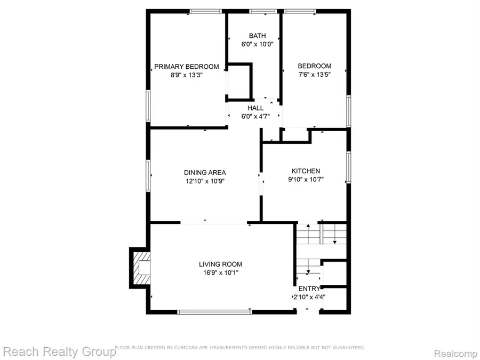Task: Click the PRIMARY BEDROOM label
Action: (x=187, y=67)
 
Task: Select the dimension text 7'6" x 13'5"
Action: (x=314, y=75)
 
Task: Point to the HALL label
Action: (x=255, y=108)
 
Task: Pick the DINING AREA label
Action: (x=205, y=172)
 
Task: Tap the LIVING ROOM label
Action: (x=220, y=264)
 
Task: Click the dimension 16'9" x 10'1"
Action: (x=220, y=273)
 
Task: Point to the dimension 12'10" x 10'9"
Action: (x=205, y=181)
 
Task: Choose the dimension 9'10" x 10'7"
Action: (x=306, y=180)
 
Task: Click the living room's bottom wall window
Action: (x=214, y=312)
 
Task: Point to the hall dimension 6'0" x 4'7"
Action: (x=255, y=116)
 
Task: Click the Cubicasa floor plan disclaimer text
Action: (x=240, y=348)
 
